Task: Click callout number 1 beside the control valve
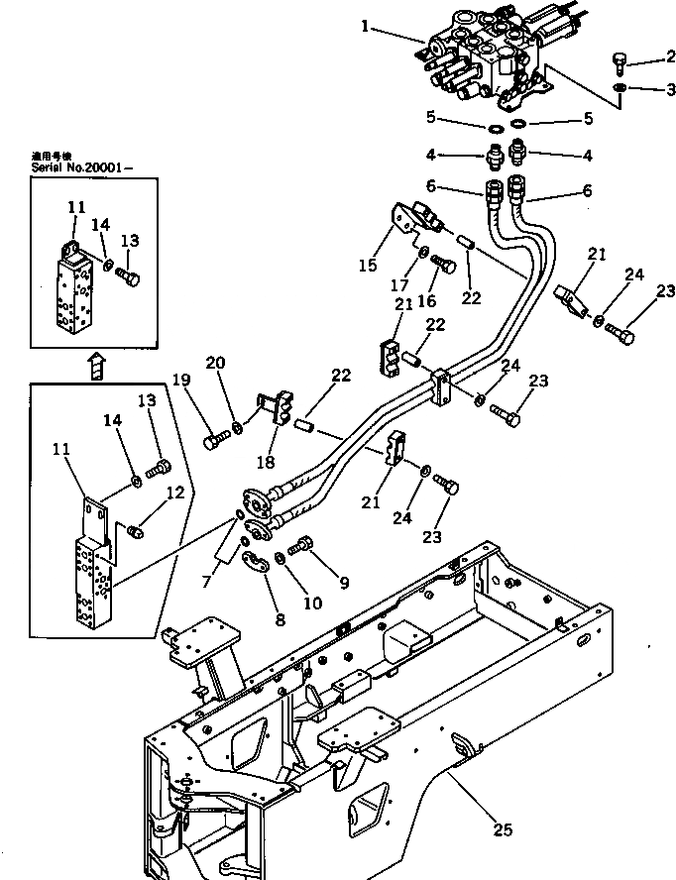pyautogui.click(x=368, y=27)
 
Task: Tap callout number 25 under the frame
pyautogui.click(x=503, y=829)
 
